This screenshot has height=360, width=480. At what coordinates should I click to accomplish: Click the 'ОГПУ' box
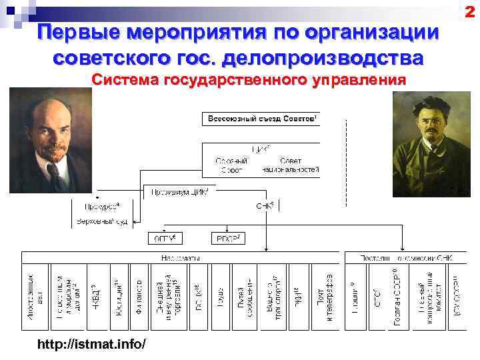point(165,237)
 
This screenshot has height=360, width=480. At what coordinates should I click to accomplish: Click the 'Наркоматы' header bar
point(180,257)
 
